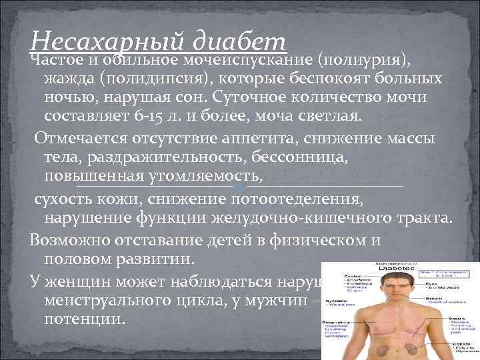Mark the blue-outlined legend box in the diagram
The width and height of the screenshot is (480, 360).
445,273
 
